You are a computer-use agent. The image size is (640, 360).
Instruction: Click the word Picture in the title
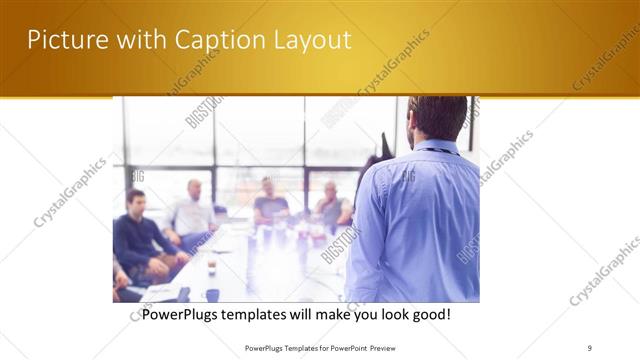point(63,40)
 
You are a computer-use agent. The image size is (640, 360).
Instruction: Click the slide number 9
point(590,347)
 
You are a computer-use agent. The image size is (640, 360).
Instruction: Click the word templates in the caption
point(274,314)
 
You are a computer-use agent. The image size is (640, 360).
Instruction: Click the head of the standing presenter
point(437,118)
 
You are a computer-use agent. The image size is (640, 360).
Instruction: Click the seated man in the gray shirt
point(331,207)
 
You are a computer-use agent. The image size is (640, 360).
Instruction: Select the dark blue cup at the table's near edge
point(212,294)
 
